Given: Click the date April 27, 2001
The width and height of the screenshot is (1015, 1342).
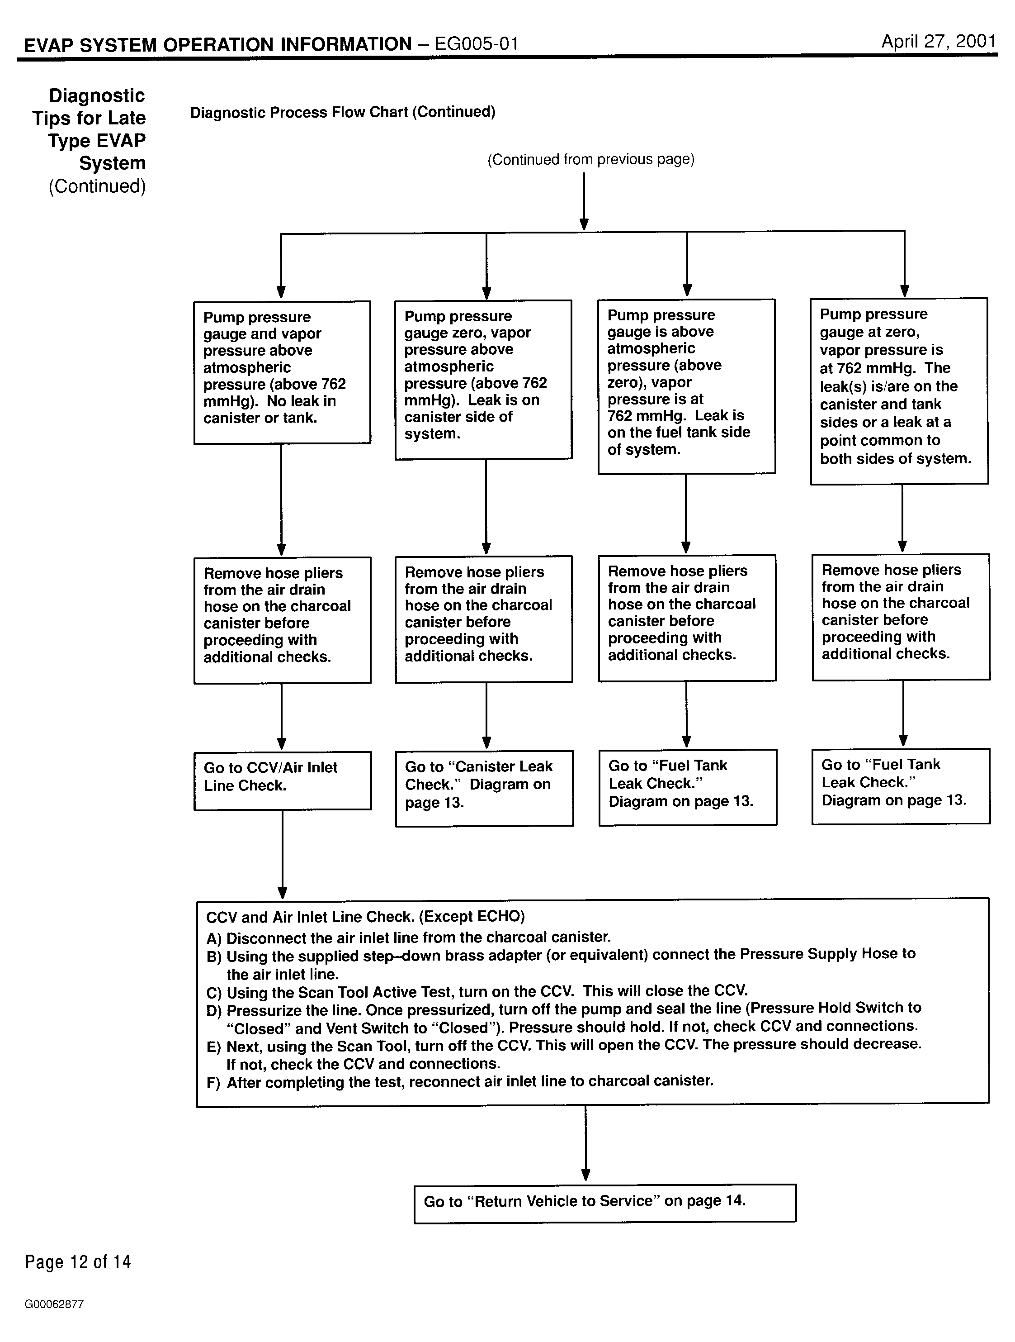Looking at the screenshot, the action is pos(938,41).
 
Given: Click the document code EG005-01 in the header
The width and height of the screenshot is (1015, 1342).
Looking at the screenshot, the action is pos(477,44).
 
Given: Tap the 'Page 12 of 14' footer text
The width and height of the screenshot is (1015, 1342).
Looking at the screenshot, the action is pos(78,1262).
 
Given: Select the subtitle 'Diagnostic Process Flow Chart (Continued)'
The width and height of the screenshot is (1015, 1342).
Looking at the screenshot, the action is pos(343,112).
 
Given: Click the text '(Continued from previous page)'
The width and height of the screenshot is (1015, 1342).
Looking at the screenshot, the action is pos(590,160).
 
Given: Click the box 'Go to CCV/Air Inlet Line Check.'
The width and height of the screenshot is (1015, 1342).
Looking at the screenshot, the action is pos(283,781).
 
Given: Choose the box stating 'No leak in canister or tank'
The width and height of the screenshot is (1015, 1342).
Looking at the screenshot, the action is pos(282,372).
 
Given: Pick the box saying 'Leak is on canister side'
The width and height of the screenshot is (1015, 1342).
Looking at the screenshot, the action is pos(483,380).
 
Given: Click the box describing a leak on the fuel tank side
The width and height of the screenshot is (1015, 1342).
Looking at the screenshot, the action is pos(686,386).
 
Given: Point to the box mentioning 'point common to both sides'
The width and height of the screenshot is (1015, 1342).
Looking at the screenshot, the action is pos(899,391).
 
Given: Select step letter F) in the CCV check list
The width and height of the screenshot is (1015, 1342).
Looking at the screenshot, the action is pos(213,1083).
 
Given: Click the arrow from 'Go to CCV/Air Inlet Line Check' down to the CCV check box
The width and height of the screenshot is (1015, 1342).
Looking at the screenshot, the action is pos(282,854).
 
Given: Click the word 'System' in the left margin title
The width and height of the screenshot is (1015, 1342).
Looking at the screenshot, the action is pos(112,163).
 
